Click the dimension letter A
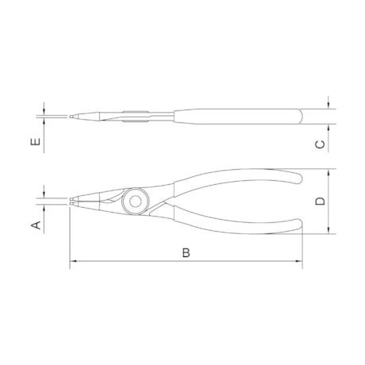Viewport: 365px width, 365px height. click(x=36, y=225)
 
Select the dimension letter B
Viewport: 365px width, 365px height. click(x=186, y=253)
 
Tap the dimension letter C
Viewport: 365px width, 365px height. click(x=321, y=144)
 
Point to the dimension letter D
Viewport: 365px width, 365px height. click(x=321, y=202)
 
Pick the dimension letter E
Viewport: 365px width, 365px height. click(x=36, y=142)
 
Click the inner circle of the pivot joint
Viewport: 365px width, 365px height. click(x=135, y=202)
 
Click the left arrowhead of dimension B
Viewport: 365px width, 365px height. click(x=73, y=261)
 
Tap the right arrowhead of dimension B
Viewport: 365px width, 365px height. click(x=298, y=261)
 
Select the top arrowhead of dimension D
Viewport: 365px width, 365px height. click(x=328, y=172)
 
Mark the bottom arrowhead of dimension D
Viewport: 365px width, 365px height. click(x=328, y=230)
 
